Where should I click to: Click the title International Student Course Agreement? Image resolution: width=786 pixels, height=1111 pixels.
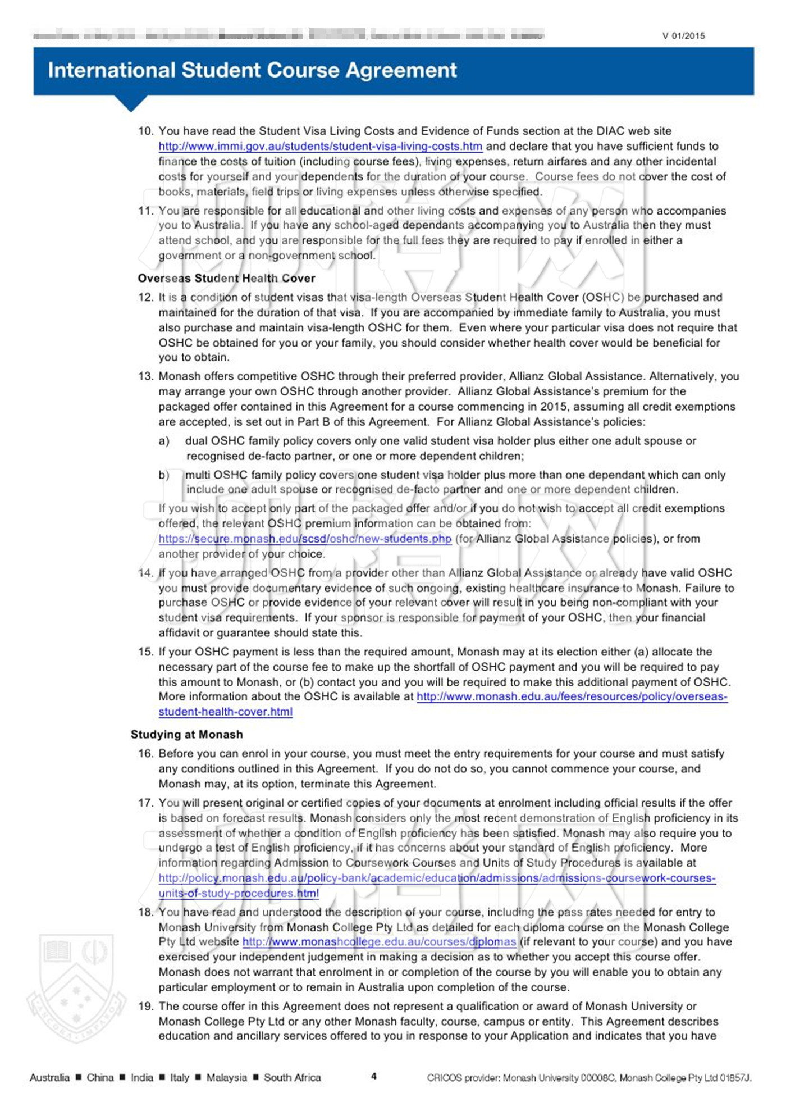[x=252, y=70]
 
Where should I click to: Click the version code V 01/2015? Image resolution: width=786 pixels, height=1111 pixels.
[x=683, y=36]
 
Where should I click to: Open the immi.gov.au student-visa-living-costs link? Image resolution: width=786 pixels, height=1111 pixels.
[x=320, y=147]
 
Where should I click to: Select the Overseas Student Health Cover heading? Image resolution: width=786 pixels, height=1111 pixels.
[x=226, y=279]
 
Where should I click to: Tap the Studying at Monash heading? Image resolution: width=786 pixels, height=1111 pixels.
[x=187, y=735]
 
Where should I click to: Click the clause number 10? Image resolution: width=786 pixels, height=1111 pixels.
[x=145, y=131]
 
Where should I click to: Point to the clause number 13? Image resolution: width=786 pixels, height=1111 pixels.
[x=145, y=376]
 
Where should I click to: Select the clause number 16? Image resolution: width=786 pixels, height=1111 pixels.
[x=145, y=754]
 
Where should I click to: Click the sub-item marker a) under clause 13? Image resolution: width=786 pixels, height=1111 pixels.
[x=164, y=441]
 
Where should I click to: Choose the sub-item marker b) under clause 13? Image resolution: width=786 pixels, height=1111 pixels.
[x=164, y=475]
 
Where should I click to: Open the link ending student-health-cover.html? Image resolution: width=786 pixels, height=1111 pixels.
[x=225, y=712]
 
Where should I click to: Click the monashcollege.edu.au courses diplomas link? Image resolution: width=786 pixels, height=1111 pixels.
[x=379, y=942]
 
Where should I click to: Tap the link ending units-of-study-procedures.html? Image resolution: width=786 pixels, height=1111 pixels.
[x=238, y=894]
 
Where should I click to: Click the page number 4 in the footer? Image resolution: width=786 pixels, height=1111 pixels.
[x=374, y=1077]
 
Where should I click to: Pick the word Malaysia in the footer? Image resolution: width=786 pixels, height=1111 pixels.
[x=226, y=1078]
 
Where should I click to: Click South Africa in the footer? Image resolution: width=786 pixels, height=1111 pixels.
[x=293, y=1078]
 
